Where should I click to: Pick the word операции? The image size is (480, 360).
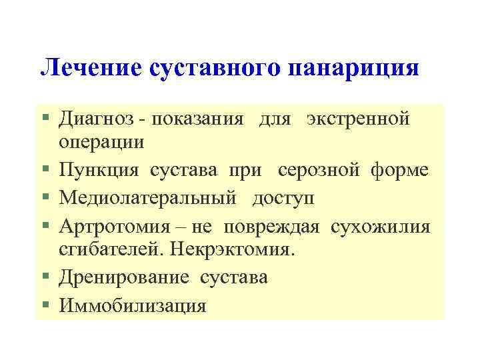(101, 143)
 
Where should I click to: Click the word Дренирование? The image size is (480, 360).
(127, 277)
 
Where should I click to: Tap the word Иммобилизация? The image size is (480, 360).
(133, 305)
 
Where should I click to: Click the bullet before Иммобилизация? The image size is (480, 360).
(45, 305)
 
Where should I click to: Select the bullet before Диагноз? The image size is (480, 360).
(45, 119)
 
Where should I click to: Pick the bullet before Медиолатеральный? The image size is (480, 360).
(45, 198)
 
